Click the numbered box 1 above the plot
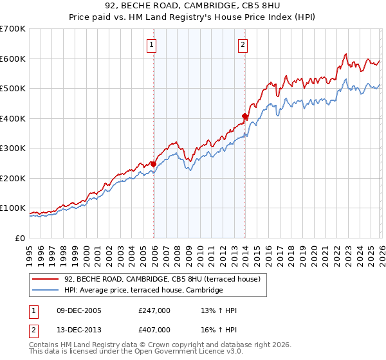[151, 44]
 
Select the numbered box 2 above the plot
[243, 44]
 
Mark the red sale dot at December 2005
[154, 164]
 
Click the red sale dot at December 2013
[245, 116]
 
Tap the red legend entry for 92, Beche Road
[161, 279]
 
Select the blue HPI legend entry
[143, 291]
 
